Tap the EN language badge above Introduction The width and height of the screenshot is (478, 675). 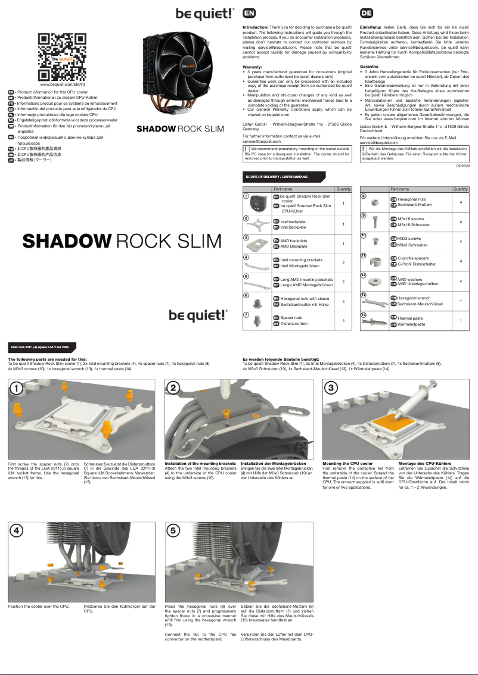pos(249,13)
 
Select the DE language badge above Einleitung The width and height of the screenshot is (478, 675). pos(367,13)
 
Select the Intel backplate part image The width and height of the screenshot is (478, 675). pos(257,224)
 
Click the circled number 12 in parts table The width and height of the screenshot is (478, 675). pos(364,275)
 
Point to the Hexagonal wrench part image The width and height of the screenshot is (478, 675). pos(376,300)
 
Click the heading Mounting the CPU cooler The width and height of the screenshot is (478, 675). pos(347,463)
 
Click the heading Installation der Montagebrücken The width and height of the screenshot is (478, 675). pos(273,463)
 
